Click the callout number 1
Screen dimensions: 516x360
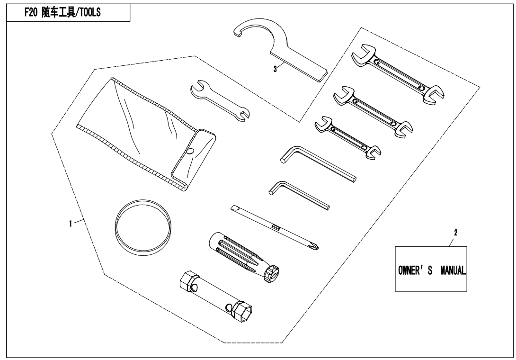coord(70,224)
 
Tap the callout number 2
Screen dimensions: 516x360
coord(456,233)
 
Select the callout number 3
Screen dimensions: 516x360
coord(275,69)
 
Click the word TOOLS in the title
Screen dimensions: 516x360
coord(89,13)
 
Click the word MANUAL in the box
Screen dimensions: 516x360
coord(453,270)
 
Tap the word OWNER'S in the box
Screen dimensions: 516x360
coord(415,270)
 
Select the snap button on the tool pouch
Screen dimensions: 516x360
coord(190,151)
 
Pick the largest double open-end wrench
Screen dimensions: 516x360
coord(398,74)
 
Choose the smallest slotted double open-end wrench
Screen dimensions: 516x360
coord(348,138)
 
